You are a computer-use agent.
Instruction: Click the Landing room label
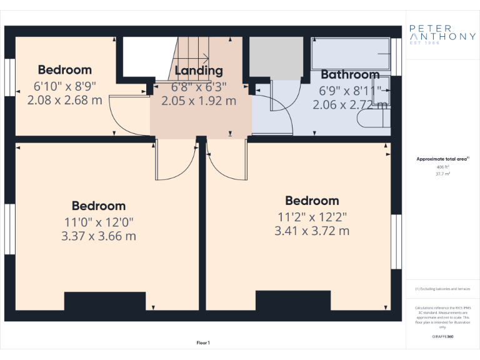[199, 71]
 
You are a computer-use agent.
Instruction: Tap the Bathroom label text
[350, 75]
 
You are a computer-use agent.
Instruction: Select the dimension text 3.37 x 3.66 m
[99, 236]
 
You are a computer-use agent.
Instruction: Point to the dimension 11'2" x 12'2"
[312, 217]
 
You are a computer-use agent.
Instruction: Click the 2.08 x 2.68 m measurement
[64, 99]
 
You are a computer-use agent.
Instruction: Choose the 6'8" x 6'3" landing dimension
[199, 86]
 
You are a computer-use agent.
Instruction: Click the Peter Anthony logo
[442, 32]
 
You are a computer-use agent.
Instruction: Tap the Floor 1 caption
[203, 342]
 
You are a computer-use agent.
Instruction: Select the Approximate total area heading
[442, 159]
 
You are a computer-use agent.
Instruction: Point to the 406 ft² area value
[442, 167]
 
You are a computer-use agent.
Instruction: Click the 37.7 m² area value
[442, 174]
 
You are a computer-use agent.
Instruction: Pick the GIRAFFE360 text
[442, 336]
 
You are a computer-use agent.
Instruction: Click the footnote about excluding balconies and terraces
[442, 289]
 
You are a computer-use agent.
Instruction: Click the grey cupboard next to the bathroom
[276, 58]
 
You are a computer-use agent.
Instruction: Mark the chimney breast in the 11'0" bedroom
[104, 301]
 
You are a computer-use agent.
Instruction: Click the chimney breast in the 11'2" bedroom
[292, 300]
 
